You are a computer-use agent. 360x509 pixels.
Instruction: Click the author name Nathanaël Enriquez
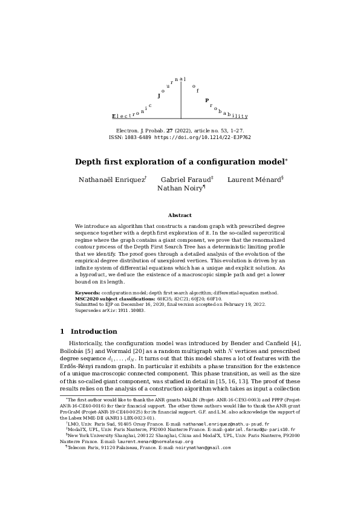[112, 180]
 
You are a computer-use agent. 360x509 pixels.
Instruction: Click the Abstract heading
[180, 215]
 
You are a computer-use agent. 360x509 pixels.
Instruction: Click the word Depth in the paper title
[89, 162]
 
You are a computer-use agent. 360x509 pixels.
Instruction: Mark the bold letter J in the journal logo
[159, 96]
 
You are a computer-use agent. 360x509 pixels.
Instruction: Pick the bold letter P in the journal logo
[207, 100]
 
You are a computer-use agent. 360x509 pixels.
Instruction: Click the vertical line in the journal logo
[181, 100]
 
